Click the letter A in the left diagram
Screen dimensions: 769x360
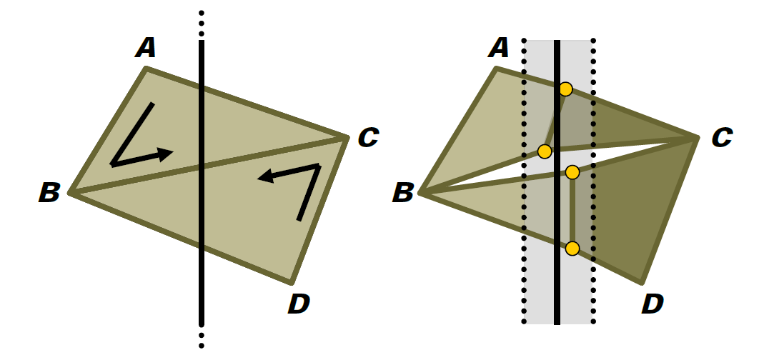[146, 48]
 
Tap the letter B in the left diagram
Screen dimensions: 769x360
[49, 192]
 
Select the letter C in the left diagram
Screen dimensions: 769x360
[368, 137]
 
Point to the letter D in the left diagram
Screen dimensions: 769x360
[299, 304]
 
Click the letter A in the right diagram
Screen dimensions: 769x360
[500, 48]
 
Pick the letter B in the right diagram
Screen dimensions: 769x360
[402, 192]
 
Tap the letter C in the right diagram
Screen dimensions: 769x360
[722, 137]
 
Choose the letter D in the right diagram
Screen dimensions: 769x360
[653, 304]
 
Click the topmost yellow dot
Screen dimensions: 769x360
[565, 89]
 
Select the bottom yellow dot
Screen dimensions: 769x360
[572, 249]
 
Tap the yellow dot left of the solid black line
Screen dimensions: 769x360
[545, 151]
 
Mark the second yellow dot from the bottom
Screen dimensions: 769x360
[572, 172]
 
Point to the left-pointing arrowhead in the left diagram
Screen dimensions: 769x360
[265, 176]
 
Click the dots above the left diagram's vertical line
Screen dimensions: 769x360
[201, 24]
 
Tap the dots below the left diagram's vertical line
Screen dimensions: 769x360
[201, 341]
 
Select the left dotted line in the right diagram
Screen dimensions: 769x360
[524, 181]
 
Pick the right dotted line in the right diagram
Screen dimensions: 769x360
[593, 181]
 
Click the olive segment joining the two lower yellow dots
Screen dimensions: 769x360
[572, 211]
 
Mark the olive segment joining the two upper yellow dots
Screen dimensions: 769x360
[555, 121]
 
